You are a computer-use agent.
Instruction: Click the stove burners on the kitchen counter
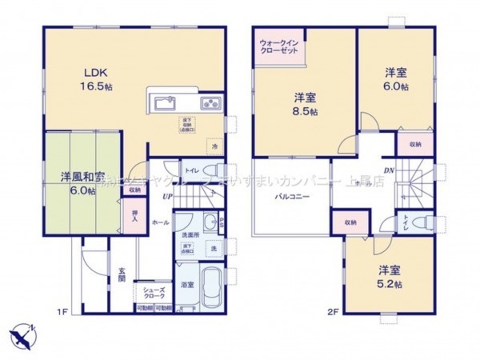pos(211,102)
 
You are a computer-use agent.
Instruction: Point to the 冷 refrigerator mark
pos(214,146)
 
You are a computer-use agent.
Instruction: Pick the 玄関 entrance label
pos(122,274)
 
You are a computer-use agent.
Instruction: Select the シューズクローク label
pos(154,293)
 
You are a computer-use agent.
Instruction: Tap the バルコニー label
pos(294,195)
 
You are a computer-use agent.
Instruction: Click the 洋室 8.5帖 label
pos(304,104)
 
